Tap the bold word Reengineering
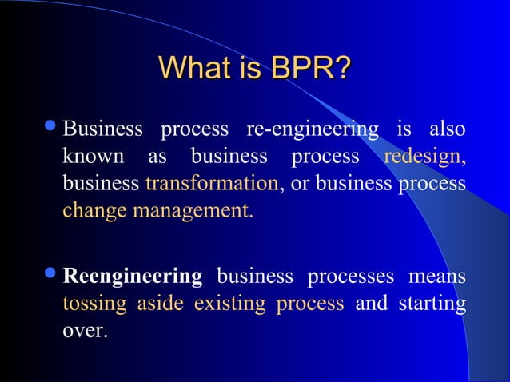tap(133, 277)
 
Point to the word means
tap(436, 277)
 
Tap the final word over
tap(84, 331)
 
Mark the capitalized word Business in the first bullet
tap(103, 129)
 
